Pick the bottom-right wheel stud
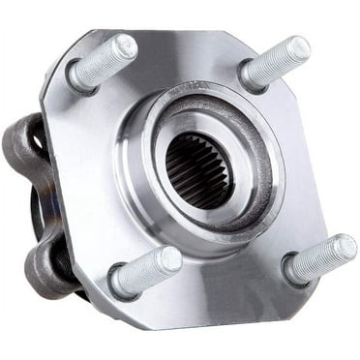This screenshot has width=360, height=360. pos(320,257)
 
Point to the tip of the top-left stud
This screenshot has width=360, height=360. pos(126,45)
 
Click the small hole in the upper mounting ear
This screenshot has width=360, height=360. pos(37,139)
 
